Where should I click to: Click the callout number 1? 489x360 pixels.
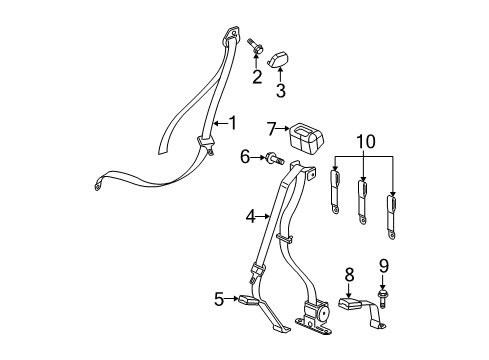(x=232, y=123)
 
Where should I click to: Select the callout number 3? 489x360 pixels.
(x=281, y=91)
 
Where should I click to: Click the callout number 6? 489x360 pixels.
(x=244, y=156)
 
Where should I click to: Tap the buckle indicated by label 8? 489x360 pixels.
(x=353, y=304)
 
